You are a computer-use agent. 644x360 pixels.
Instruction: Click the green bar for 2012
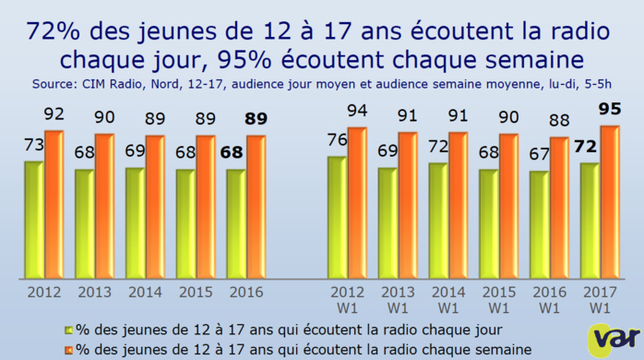tap(33, 220)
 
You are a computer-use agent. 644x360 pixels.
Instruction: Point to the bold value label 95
tap(609, 110)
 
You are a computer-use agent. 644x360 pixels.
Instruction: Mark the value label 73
tap(33, 145)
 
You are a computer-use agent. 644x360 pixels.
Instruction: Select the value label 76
tap(336, 140)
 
